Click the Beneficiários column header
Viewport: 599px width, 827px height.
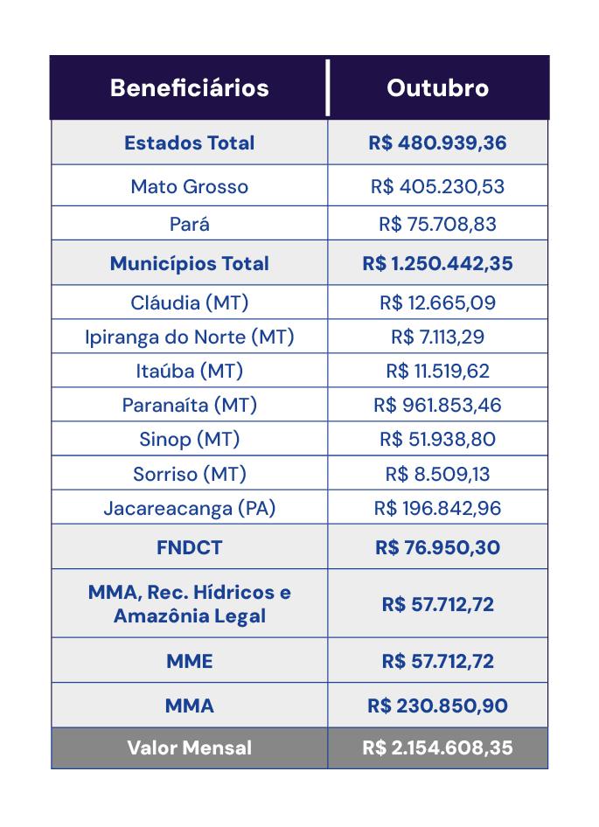(189, 88)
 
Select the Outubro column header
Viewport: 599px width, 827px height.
(437, 88)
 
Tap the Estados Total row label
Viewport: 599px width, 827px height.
(189, 142)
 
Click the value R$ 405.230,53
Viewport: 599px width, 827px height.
(437, 186)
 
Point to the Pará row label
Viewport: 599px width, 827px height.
(189, 224)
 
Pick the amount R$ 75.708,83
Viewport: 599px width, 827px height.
(437, 224)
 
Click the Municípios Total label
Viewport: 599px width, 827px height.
(189, 263)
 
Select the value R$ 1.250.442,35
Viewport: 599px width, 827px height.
(437, 263)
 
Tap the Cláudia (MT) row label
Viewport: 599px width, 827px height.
(189, 302)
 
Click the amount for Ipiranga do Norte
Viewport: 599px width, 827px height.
(437, 337)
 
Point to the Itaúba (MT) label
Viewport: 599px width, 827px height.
(189, 371)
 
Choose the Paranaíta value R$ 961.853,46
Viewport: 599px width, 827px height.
(437, 405)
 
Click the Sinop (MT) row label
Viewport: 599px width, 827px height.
(189, 439)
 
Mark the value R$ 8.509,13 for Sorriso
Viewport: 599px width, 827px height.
(437, 474)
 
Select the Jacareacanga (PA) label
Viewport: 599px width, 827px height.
(189, 508)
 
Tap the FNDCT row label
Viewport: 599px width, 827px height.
(189, 547)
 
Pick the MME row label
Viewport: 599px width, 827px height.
(189, 661)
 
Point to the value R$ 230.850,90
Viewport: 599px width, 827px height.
(437, 705)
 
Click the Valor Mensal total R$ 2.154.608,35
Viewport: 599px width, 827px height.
(437, 748)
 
